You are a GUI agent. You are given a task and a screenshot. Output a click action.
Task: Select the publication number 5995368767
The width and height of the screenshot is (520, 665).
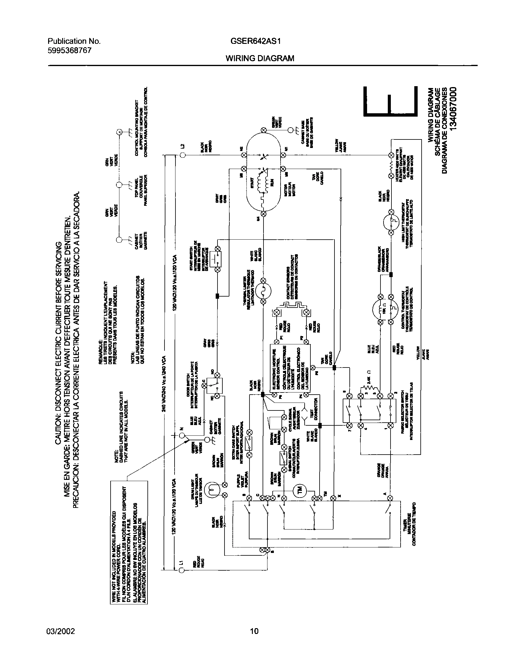click(x=69, y=51)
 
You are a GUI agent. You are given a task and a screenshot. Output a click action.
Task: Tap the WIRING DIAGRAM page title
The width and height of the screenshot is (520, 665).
click(x=260, y=58)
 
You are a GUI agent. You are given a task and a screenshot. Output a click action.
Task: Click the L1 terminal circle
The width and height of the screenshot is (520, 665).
click(x=182, y=571)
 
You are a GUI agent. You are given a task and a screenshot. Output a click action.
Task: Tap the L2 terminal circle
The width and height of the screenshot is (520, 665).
click(x=182, y=155)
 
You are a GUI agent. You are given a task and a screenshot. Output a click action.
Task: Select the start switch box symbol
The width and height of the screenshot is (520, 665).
click(x=218, y=259)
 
